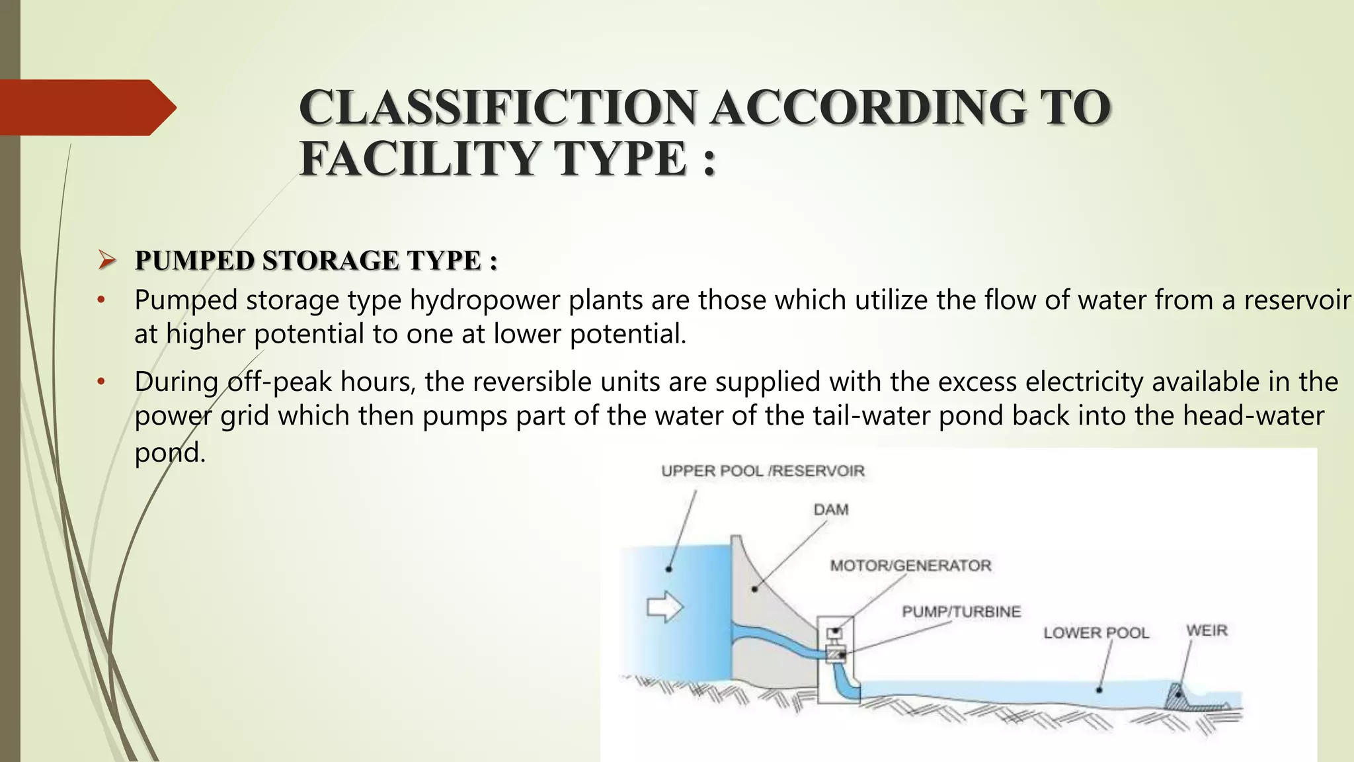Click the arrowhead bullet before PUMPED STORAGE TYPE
coord(107,260)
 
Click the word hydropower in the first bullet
coord(485,301)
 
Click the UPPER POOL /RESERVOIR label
coord(762,471)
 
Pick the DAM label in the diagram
coord(831,510)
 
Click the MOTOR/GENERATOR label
coord(910,566)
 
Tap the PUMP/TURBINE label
coord(961,611)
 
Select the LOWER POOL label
coord(1096,633)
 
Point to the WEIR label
coord(1207,630)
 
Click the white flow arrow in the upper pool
coord(664,607)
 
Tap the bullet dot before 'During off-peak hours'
coord(101,382)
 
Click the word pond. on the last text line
coord(170,453)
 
